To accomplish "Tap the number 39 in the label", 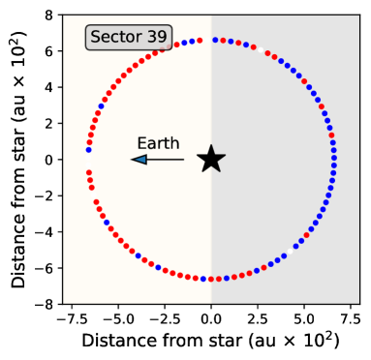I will pos(156,38).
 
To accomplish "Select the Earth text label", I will pos(158,144).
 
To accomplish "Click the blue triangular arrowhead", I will pos(139,160).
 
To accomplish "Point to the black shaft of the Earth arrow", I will pos(166,160).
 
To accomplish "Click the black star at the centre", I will pos(211,160).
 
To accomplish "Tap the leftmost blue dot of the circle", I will pos(88,150).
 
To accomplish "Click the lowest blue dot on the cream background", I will pos(203,279).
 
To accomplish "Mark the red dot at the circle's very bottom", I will pos(211,279).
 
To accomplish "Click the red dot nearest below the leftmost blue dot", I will pos(88,172).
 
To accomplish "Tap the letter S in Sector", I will pos(97,38).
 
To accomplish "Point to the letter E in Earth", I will pos(141,144).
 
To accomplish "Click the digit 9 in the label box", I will pos(162,38).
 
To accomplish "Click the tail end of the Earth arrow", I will pos(183,160).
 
